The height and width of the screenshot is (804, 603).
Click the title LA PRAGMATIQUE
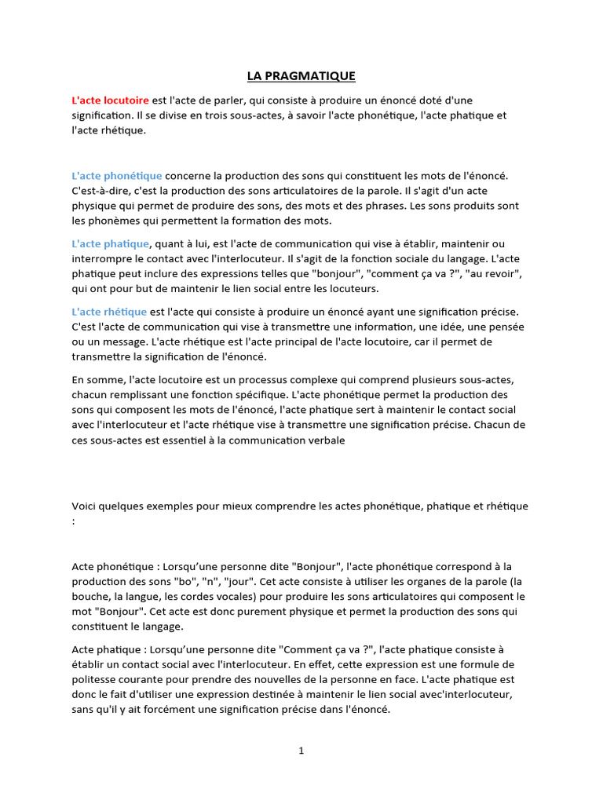coord(301,76)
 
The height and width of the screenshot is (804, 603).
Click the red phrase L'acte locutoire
coord(110,100)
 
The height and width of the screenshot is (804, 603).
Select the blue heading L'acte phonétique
coord(117,176)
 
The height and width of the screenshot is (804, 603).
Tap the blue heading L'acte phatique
coord(110,244)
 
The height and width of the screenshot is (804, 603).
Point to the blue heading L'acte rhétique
coord(109,312)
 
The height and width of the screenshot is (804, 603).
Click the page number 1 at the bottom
coord(301,751)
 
